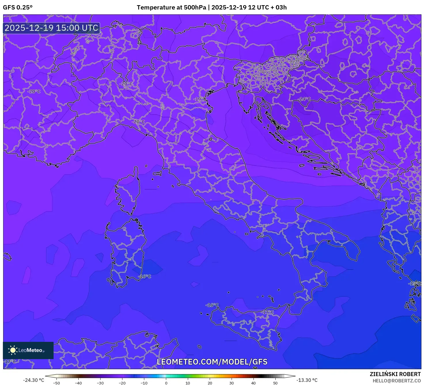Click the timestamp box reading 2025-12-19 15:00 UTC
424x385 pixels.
[x=52, y=28]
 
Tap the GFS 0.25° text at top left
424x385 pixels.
[x=18, y=7]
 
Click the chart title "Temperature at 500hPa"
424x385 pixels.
[x=172, y=7]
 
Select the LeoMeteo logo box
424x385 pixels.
[x=28, y=350]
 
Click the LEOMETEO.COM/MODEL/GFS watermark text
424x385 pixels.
[x=212, y=362]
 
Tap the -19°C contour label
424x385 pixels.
[x=200, y=99]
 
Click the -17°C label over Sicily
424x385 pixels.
[x=268, y=312]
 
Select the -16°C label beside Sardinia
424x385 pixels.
[x=145, y=276]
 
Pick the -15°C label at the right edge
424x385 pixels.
[x=415, y=284]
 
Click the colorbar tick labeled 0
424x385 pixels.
[x=166, y=383]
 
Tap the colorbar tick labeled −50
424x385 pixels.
[x=56, y=383]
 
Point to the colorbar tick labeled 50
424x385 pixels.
[x=275, y=383]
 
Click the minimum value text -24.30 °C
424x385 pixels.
[x=34, y=380]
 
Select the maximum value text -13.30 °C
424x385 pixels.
[x=307, y=380]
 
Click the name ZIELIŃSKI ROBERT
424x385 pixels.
[x=395, y=374]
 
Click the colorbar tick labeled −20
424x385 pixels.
[x=122, y=383]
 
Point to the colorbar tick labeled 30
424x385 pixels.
[x=232, y=383]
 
